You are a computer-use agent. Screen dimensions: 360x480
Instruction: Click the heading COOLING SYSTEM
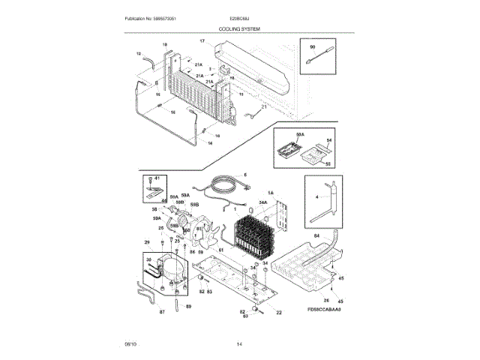click(239, 28)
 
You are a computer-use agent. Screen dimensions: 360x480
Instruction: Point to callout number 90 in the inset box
click(312, 47)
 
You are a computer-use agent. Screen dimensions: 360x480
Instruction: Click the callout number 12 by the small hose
click(138, 54)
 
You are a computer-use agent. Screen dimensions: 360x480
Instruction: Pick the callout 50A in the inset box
click(300, 133)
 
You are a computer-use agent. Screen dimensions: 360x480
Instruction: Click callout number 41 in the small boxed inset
click(157, 178)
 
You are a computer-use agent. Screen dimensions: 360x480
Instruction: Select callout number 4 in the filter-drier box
click(316, 196)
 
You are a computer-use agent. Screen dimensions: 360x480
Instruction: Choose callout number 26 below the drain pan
click(325, 300)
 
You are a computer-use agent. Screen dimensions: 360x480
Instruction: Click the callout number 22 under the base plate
click(278, 312)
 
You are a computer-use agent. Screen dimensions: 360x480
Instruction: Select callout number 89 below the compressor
click(188, 307)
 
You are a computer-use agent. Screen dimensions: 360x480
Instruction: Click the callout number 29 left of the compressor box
click(148, 242)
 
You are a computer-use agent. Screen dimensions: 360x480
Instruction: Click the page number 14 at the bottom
click(239, 343)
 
